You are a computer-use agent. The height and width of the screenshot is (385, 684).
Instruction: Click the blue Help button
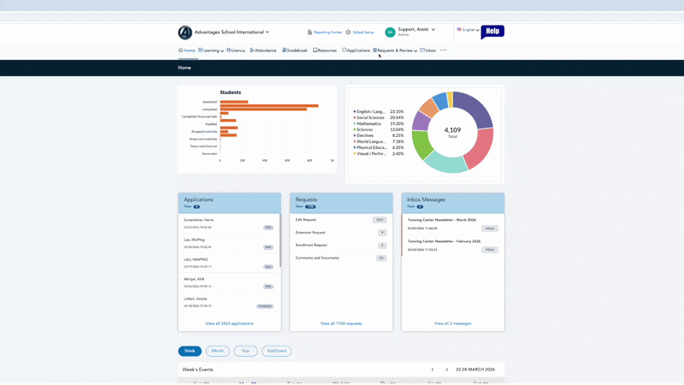pyautogui.click(x=492, y=32)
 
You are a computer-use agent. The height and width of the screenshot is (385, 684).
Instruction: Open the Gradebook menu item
pyautogui.click(x=295, y=50)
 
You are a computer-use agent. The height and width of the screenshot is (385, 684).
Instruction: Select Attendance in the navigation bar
pyautogui.click(x=263, y=50)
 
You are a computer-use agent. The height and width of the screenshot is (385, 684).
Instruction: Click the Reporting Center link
pyautogui.click(x=325, y=33)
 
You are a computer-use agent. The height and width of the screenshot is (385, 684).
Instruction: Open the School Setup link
pyautogui.click(x=360, y=33)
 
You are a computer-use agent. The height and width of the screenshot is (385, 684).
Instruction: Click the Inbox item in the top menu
pyautogui.click(x=428, y=50)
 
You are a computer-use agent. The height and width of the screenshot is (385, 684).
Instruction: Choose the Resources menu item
pyautogui.click(x=325, y=50)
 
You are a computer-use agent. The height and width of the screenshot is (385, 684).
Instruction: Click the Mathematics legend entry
pyautogui.click(x=369, y=123)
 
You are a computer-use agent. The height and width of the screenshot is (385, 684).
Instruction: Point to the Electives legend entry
pyautogui.click(x=365, y=135)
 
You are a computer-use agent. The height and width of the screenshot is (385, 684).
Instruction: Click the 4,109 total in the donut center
pyautogui.click(x=452, y=131)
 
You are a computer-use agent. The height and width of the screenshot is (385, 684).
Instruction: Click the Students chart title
pyautogui.click(x=230, y=92)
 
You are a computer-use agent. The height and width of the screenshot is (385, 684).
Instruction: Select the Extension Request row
pyautogui.click(x=310, y=233)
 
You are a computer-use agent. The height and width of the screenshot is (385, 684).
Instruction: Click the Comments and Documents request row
pyautogui.click(x=317, y=258)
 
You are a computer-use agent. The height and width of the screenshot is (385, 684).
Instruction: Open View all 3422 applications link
pyautogui.click(x=229, y=323)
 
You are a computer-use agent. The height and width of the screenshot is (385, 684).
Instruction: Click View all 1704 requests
pyautogui.click(x=341, y=323)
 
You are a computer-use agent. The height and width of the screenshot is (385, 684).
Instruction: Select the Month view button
pyautogui.click(x=217, y=351)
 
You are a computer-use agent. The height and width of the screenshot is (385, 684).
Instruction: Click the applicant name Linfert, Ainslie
pyautogui.click(x=195, y=299)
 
